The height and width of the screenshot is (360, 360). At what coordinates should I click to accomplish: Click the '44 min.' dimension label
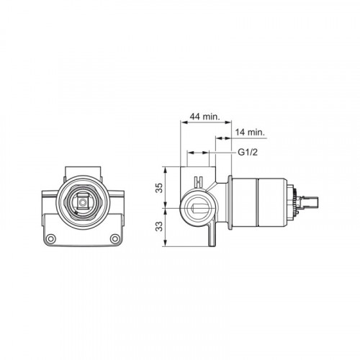click(x=204, y=117)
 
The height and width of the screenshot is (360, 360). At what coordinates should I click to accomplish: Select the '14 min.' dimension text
click(x=250, y=132)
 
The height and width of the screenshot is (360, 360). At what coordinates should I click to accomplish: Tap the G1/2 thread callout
click(x=248, y=152)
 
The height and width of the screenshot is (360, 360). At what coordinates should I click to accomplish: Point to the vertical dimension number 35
click(x=159, y=188)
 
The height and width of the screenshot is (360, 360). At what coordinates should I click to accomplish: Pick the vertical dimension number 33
click(x=159, y=226)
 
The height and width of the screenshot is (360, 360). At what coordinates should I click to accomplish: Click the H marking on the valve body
click(x=199, y=181)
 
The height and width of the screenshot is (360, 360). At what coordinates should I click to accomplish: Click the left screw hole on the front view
click(x=51, y=238)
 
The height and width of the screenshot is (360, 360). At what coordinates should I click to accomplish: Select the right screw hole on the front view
click(x=115, y=238)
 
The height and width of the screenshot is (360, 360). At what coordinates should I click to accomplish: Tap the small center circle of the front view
click(x=83, y=202)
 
